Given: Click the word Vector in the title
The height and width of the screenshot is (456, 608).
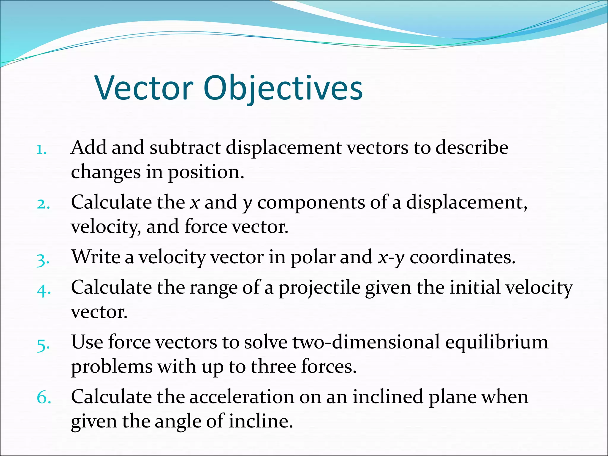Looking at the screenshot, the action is click(x=144, y=88).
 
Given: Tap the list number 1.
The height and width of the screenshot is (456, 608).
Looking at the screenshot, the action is click(x=41, y=150).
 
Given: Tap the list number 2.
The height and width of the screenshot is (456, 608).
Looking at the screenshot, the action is click(x=43, y=204).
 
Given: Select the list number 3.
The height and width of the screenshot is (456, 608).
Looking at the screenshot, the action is click(x=43, y=260).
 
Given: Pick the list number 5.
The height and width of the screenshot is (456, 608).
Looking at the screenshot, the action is click(x=43, y=345).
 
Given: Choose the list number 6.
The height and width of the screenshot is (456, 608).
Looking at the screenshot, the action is click(x=43, y=398).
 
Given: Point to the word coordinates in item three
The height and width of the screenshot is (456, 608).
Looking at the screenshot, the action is click(x=462, y=257).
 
